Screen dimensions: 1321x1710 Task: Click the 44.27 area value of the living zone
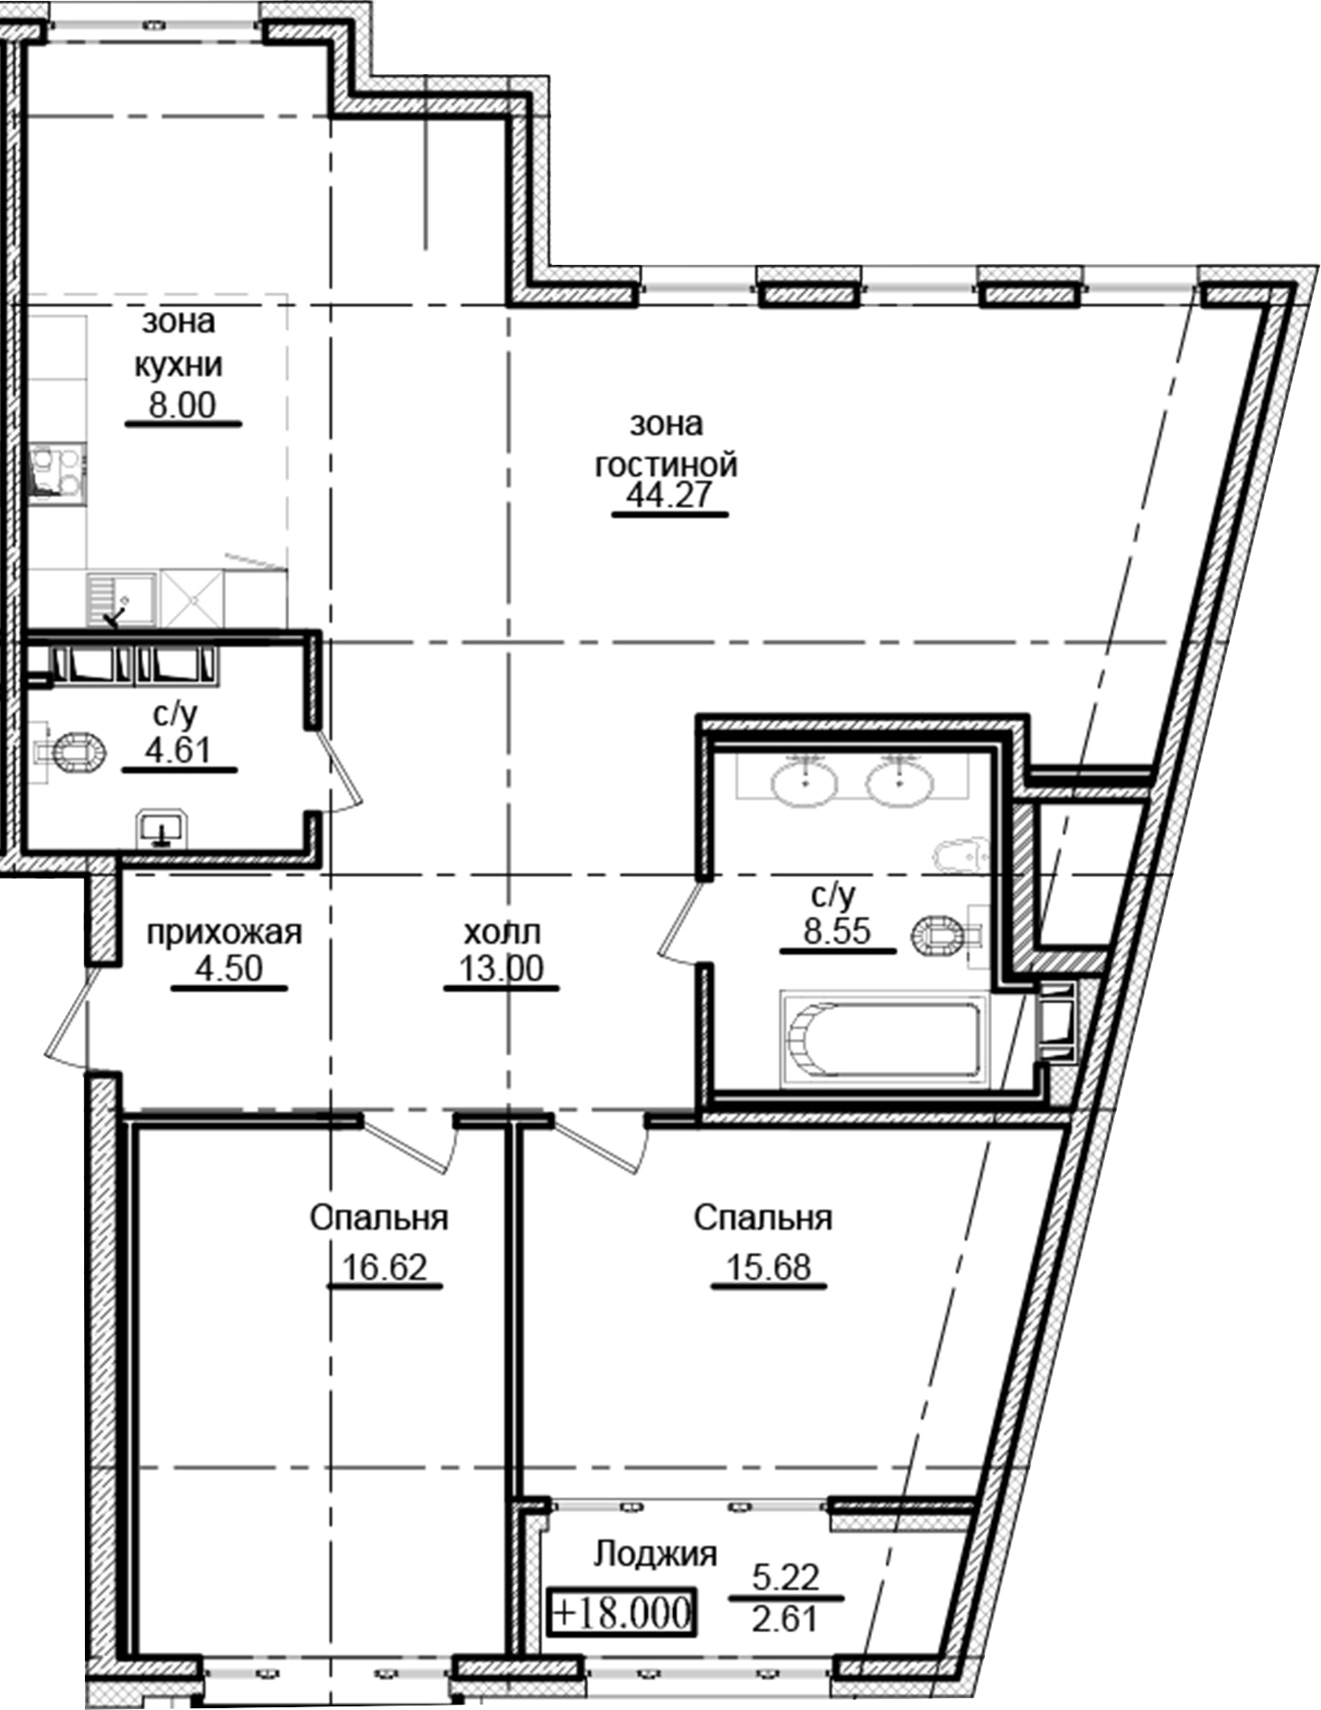(x=670, y=495)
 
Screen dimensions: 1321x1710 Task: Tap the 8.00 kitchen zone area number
(x=183, y=405)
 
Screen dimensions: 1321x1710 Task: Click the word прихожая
(x=224, y=932)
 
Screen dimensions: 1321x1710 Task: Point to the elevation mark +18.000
(x=621, y=1612)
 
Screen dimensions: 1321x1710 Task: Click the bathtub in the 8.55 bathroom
(x=880, y=1034)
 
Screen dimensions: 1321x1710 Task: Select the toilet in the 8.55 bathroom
(x=945, y=935)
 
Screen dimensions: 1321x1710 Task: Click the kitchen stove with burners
(x=56, y=472)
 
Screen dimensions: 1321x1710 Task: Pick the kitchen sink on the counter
(x=121, y=598)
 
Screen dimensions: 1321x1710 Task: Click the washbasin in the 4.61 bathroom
(x=161, y=827)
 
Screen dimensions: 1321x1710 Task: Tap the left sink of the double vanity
(x=803, y=779)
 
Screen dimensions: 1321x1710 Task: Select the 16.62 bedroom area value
(x=384, y=1267)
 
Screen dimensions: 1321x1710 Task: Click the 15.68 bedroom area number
(x=769, y=1267)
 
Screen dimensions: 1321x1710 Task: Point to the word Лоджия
(x=655, y=1554)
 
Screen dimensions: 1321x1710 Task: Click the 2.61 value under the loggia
(x=785, y=1617)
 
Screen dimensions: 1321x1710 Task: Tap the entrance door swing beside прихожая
(x=69, y=1012)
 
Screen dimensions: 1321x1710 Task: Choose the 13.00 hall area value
(x=501, y=969)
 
